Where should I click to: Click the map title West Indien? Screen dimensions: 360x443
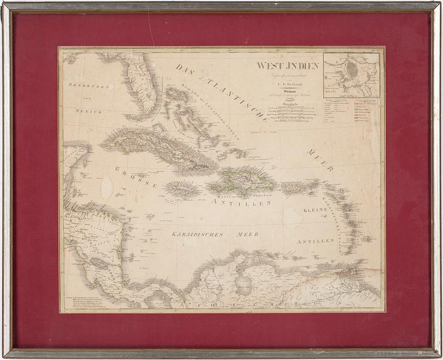[x=288, y=66]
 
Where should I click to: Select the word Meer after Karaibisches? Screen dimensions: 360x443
[x=247, y=235]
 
